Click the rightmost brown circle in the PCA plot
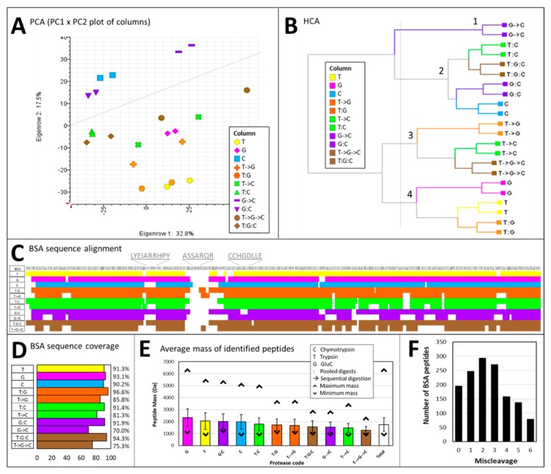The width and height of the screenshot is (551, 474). click(247, 90)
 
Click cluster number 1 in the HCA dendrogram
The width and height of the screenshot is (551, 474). click(476, 22)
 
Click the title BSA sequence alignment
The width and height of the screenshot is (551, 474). click(81, 249)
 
